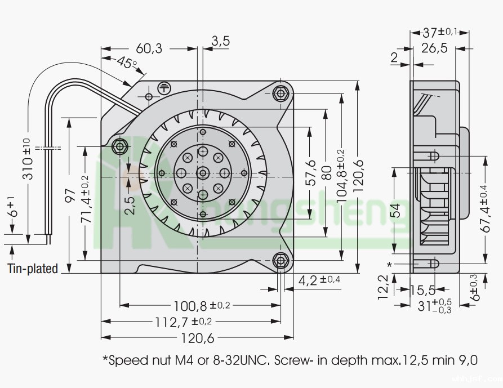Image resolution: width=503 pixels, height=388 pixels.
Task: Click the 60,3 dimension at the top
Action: (x=149, y=49)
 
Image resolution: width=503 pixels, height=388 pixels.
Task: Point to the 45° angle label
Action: (x=127, y=63)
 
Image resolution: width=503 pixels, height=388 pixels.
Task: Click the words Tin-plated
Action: (x=33, y=269)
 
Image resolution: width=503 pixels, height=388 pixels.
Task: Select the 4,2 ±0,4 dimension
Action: (x=320, y=279)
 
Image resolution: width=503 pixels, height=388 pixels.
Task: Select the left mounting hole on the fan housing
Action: (x=119, y=146)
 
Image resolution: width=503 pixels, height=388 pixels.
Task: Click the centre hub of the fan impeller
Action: (x=202, y=173)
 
